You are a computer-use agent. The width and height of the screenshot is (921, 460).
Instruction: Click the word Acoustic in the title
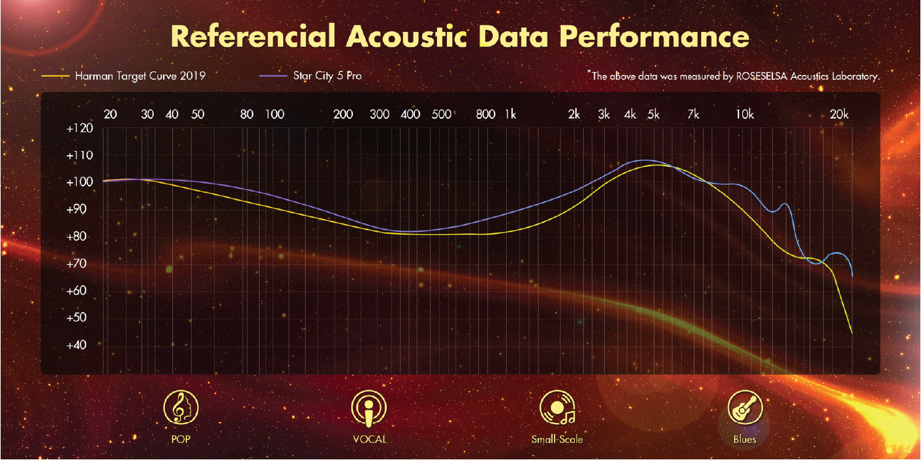(407, 36)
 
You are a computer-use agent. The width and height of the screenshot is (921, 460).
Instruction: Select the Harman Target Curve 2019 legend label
(140, 76)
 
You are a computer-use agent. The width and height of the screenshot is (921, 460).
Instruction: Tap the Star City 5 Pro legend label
(327, 76)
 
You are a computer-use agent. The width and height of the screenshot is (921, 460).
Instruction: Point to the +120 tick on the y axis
(80, 128)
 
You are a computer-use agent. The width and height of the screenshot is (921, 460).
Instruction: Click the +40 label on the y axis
(78, 345)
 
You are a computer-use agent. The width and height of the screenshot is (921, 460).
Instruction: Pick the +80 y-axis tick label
(78, 236)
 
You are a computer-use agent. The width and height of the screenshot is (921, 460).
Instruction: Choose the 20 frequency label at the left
(110, 114)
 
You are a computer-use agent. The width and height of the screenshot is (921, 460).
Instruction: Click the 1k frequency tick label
(510, 114)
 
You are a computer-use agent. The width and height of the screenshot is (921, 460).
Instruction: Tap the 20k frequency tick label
(839, 114)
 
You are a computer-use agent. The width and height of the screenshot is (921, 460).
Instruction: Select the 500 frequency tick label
(442, 114)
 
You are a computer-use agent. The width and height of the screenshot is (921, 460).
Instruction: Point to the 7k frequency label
(693, 114)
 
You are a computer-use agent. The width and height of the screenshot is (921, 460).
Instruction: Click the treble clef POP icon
(181, 407)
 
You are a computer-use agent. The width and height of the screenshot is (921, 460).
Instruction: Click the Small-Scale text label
(557, 439)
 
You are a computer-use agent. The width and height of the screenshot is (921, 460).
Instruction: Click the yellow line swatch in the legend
(55, 76)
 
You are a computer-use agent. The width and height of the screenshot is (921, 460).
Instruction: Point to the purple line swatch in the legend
(273, 76)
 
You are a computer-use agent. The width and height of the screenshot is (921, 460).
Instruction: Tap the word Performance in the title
(655, 36)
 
